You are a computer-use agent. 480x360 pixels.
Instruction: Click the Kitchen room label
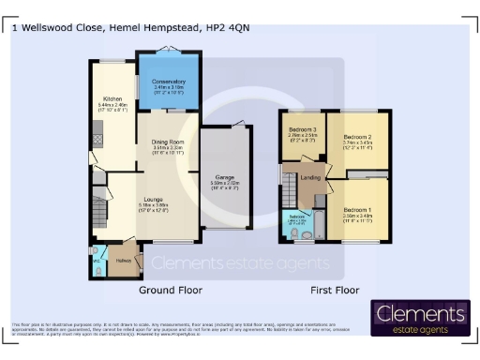113,97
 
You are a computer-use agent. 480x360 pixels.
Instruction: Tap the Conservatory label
169,82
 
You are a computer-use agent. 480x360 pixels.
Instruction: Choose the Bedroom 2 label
358,135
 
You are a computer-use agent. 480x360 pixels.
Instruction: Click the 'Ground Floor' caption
171,291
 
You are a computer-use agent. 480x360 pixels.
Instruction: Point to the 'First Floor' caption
335,291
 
